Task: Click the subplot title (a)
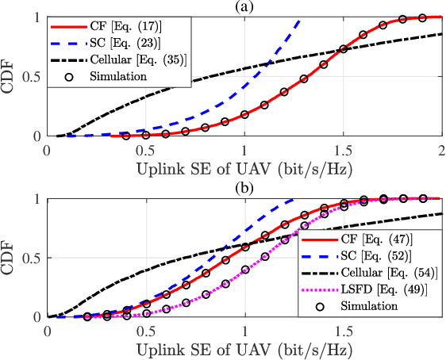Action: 244,7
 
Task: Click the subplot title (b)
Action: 244,187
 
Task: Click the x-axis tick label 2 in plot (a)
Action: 440,148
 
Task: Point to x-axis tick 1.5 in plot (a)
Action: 343,148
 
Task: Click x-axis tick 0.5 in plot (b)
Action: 146,328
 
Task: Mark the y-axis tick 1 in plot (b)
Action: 40,199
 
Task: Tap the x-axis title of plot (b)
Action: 244,347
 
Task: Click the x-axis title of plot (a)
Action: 244,167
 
